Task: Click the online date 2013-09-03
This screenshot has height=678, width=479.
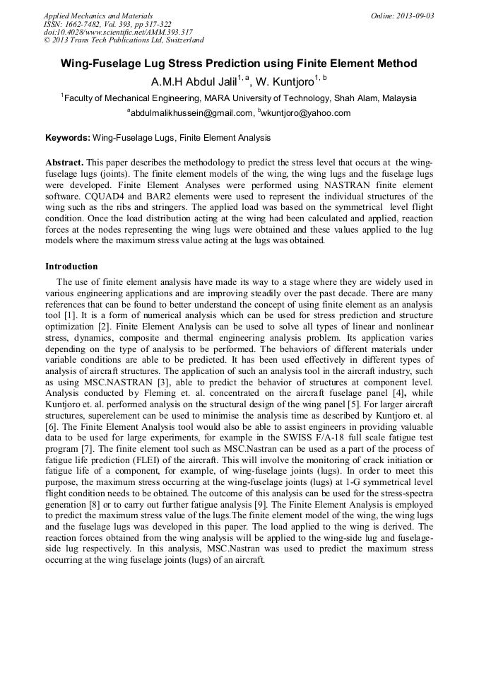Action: pos(415,16)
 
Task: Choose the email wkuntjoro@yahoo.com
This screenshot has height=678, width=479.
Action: pos(304,113)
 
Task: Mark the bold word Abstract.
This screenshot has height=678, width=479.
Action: pos(65,162)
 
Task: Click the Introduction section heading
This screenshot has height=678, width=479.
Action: pos(71,267)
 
